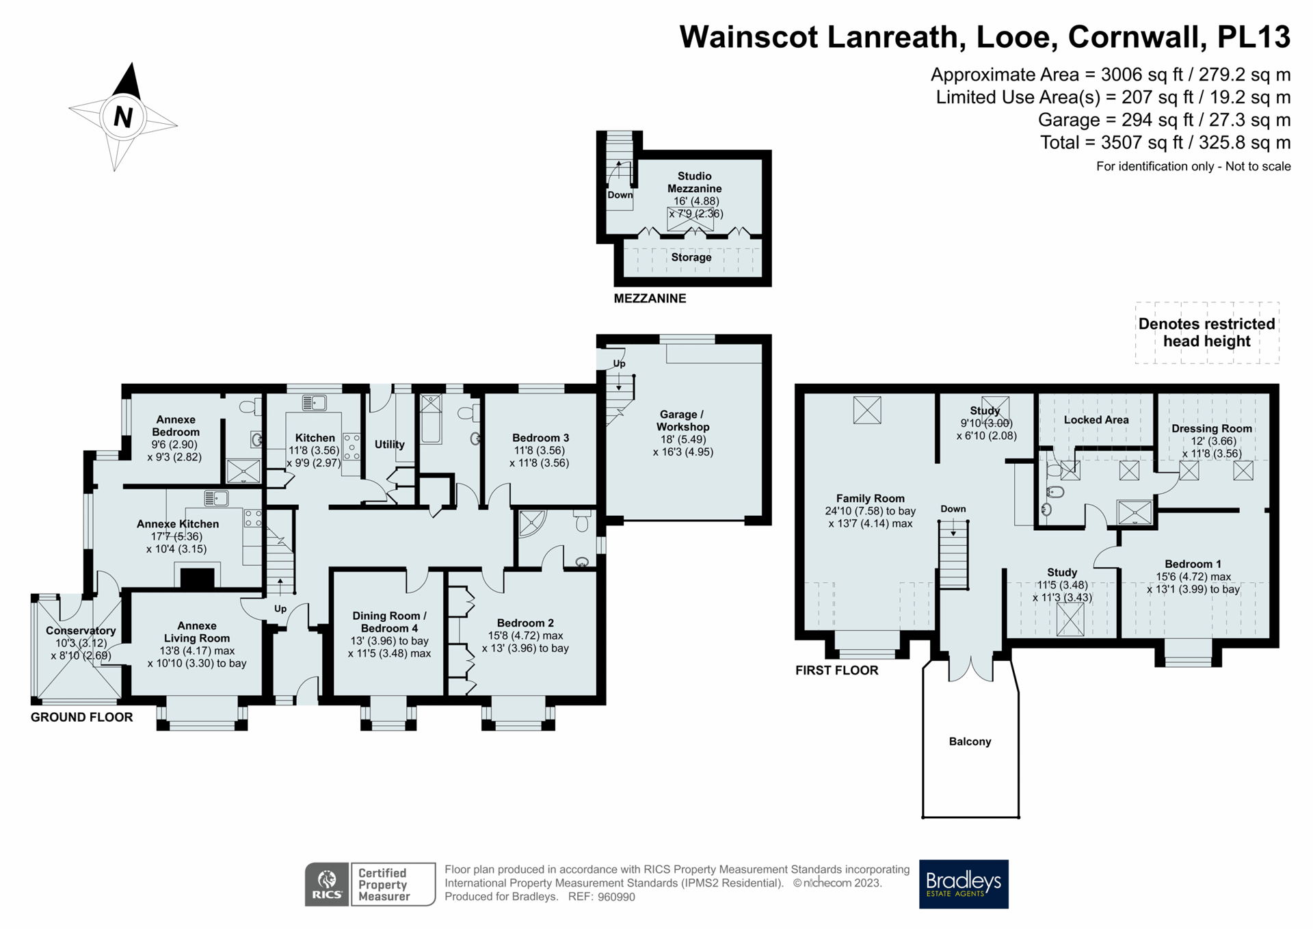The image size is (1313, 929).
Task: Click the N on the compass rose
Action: point(122,117)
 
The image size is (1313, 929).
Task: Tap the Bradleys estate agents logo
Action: point(963,883)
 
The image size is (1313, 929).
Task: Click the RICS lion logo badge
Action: point(327,884)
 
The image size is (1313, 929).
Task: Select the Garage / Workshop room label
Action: point(682,421)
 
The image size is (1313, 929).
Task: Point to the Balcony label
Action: point(969,742)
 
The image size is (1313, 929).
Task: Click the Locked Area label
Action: point(1096,420)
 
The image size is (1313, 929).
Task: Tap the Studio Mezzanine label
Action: point(694,182)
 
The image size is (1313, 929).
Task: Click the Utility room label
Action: point(389,445)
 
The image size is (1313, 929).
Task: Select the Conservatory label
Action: point(80,631)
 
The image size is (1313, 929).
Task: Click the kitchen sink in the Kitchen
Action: point(314,402)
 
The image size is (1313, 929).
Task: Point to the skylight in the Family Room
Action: point(866,410)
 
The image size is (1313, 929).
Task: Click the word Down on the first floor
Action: point(953,509)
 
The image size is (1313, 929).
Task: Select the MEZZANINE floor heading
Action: point(649,298)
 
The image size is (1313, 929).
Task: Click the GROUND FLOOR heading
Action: point(81,717)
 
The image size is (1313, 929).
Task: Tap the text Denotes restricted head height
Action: point(1206,332)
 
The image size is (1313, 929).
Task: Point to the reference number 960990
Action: point(616,897)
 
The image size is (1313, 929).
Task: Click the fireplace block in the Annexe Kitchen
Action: point(197,579)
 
